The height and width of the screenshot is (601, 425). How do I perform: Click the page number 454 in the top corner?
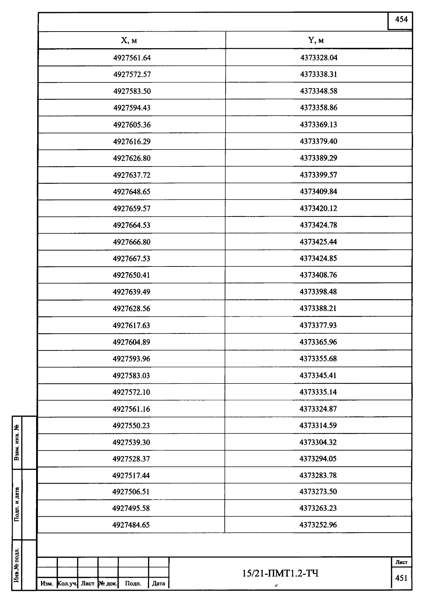click(401, 20)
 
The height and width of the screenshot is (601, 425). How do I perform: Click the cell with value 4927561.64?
click(132, 58)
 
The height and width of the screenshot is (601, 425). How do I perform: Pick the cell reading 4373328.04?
click(319, 57)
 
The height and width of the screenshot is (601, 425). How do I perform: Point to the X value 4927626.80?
click(132, 158)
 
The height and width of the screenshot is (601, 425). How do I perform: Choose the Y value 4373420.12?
click(318, 208)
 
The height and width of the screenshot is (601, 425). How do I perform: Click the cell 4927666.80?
click(132, 242)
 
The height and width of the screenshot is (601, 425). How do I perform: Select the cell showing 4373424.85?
click(318, 258)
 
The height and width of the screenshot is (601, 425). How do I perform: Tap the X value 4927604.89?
click(131, 342)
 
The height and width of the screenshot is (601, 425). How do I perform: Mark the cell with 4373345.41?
click(318, 375)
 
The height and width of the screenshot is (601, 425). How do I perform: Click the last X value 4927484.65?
click(131, 525)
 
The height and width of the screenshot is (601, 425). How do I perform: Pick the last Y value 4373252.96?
click(318, 524)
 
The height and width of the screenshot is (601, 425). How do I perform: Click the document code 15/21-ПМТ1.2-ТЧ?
click(280, 573)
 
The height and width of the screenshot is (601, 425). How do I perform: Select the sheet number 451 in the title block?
click(401, 578)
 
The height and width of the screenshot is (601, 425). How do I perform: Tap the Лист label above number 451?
click(401, 562)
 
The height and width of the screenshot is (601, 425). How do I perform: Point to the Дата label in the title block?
click(158, 583)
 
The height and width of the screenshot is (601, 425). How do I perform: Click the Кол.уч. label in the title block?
click(67, 583)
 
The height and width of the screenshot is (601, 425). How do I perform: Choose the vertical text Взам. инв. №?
click(17, 443)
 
